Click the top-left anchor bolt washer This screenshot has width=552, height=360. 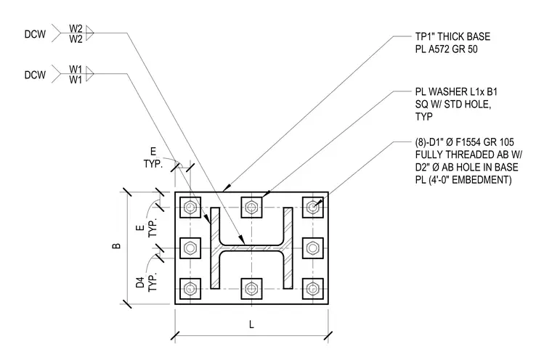click(x=190, y=208)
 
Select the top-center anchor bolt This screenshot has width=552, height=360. click(x=251, y=208)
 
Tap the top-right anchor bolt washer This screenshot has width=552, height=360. click(x=312, y=208)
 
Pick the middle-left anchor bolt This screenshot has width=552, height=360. click(x=190, y=248)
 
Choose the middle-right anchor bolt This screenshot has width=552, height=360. click(x=312, y=248)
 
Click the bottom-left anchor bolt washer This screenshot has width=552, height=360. click(x=190, y=289)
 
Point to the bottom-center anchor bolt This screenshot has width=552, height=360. click(x=251, y=289)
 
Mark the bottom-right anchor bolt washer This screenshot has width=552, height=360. click(x=312, y=289)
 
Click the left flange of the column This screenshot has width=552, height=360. click(x=215, y=248)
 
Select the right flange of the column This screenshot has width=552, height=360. click(x=288, y=248)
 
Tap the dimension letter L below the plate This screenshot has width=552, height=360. click(x=251, y=324)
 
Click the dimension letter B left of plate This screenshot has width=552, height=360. click(x=116, y=245)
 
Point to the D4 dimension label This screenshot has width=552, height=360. click(x=140, y=282)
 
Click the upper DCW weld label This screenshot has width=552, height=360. click(x=35, y=34)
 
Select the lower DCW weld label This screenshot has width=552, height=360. click(x=35, y=75)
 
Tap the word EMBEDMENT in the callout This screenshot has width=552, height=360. click(x=482, y=180)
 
